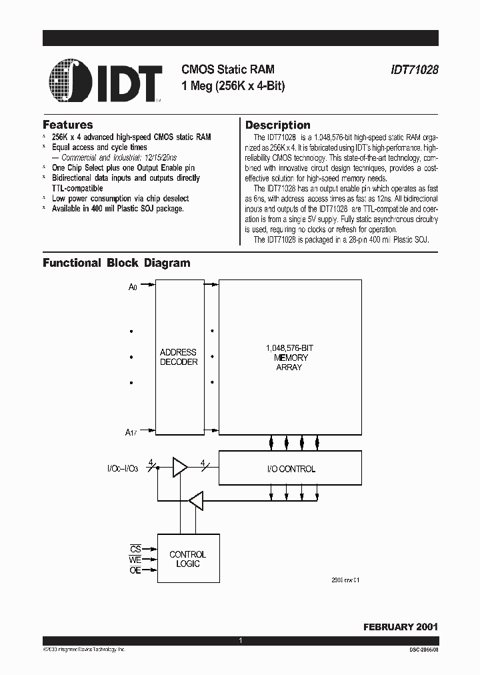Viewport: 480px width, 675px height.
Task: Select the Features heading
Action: click(68, 125)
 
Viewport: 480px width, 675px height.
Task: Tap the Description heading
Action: click(277, 125)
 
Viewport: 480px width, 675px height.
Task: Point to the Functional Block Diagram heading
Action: click(117, 263)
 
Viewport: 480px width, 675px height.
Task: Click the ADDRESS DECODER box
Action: click(179, 357)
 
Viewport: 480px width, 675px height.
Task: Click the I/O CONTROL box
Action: click(290, 469)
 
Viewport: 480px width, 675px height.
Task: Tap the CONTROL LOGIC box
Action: click(187, 559)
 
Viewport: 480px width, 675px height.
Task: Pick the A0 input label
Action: click(133, 287)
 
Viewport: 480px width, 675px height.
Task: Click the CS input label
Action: click(135, 548)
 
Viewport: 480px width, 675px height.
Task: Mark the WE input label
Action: click(135, 560)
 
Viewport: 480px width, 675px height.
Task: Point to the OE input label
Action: click(135, 572)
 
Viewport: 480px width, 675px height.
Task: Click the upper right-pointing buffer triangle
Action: click(179, 468)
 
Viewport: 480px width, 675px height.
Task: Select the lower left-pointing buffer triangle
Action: click(196, 500)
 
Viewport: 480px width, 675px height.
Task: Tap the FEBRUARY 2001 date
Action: click(400, 627)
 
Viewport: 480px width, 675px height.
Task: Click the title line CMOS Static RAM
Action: click(228, 69)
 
